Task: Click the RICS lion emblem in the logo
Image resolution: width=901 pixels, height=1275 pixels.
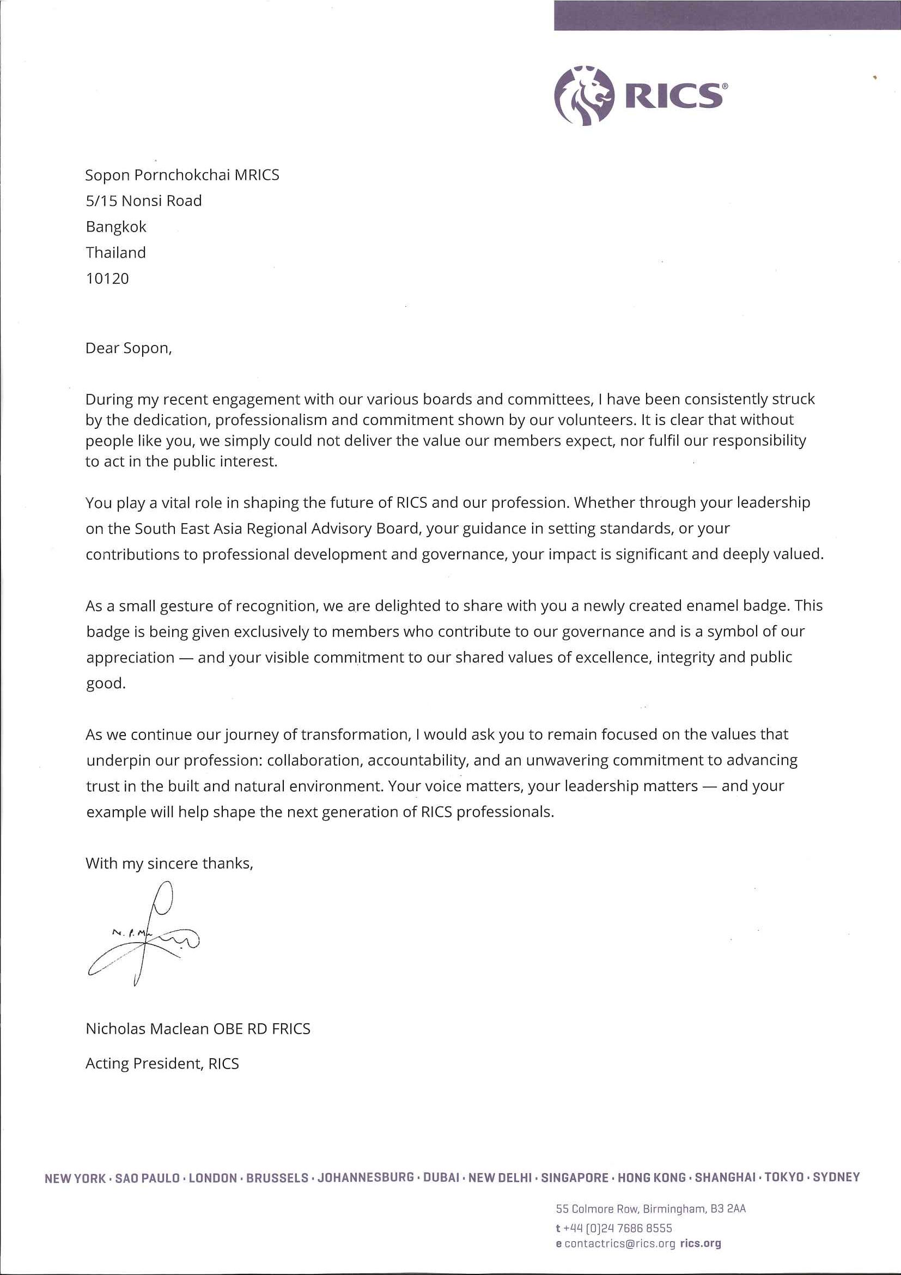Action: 584,95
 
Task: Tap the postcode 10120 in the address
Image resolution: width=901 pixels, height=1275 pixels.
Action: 107,278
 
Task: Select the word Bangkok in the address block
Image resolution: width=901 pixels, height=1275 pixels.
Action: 116,227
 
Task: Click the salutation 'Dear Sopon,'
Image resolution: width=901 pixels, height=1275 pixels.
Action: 128,348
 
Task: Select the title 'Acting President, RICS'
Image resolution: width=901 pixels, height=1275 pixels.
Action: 162,1063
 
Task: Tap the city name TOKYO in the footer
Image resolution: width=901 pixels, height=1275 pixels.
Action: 784,1177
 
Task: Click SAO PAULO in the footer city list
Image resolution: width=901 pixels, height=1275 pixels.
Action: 147,1178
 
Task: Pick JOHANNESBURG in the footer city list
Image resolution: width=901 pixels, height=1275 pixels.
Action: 366,1177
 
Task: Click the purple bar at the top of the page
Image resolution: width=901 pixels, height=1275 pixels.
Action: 727,15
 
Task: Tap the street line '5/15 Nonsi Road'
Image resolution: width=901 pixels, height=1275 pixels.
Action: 144,201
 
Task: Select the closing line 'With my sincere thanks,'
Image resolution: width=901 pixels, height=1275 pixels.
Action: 169,864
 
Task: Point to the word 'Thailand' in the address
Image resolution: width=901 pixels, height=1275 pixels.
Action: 115,253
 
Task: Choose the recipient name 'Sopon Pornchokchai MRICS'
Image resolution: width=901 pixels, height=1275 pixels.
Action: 182,175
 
